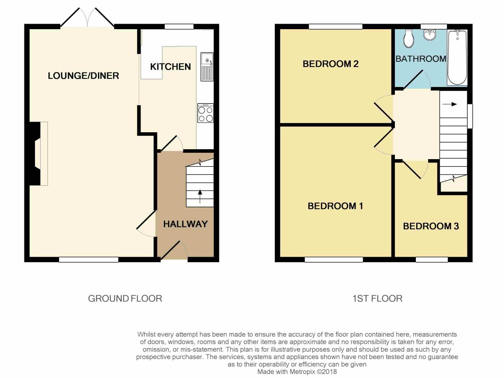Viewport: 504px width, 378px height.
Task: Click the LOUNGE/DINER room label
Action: (83, 76)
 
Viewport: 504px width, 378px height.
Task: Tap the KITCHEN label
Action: (170, 67)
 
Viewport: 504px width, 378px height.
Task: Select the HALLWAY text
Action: (185, 224)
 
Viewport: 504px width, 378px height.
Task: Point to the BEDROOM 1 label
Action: (335, 206)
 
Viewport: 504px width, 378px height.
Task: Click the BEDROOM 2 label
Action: (330, 64)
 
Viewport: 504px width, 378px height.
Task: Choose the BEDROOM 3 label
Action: (431, 226)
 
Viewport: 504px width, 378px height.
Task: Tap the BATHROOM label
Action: (421, 59)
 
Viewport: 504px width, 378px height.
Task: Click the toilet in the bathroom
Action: (409, 38)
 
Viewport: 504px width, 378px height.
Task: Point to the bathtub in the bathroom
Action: (457, 57)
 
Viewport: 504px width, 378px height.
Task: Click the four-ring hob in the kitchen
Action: (206, 113)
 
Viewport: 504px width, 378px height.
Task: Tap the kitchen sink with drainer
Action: (207, 67)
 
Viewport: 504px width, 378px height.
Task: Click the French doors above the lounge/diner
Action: (87, 18)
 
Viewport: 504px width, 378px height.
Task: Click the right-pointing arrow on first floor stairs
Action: (450, 104)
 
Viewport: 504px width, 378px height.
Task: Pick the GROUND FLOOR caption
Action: (125, 298)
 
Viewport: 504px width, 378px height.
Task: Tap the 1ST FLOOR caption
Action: (377, 298)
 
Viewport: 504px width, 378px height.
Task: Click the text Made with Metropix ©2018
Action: (297, 371)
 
